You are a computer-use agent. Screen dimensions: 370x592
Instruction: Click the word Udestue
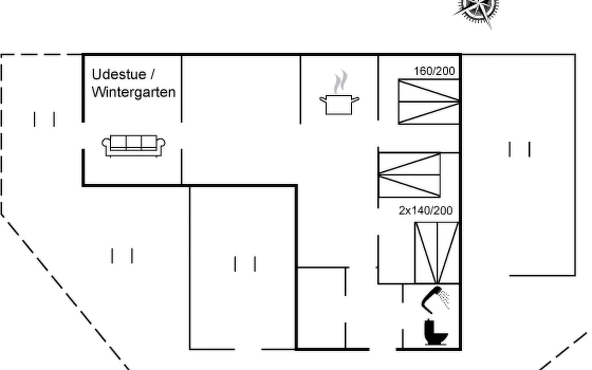(119, 75)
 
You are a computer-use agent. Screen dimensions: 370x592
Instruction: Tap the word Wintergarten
(134, 92)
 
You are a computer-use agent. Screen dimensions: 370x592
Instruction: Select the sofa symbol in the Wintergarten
(134, 146)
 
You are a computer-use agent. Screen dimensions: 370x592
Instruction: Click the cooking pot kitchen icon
(339, 105)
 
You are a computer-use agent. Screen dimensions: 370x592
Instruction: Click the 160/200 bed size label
(434, 71)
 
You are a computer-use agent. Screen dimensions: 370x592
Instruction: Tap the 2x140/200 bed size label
(425, 211)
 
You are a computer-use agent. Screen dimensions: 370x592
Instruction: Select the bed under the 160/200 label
(429, 102)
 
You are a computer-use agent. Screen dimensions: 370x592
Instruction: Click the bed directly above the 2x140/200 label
(409, 175)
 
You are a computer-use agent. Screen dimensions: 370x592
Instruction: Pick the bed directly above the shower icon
(437, 253)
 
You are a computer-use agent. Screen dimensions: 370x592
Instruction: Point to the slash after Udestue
(152, 75)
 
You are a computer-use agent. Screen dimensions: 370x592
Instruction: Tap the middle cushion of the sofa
(134, 142)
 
